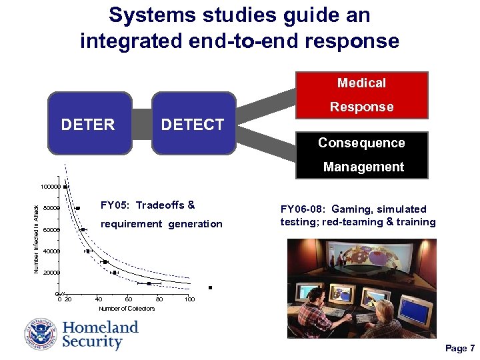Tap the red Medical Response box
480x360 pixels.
[x=361, y=95]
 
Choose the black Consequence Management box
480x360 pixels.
[x=361, y=155]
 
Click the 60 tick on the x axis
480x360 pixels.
[x=128, y=299]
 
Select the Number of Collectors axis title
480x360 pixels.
[x=127, y=309]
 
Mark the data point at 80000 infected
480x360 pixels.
[x=78, y=209]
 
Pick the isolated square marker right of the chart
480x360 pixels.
[x=209, y=288]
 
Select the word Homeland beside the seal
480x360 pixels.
[x=100, y=327]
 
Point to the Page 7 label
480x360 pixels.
[x=459, y=348]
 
